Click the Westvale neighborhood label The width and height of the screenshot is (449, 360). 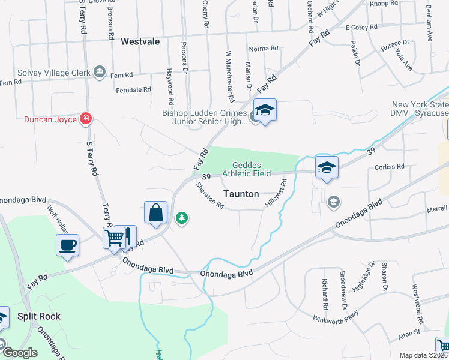point(142,41)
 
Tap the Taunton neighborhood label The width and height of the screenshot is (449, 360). point(241,194)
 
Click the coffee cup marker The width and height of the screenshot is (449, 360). point(67,244)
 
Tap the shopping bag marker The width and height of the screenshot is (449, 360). point(155,212)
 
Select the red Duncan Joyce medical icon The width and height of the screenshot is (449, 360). point(86,119)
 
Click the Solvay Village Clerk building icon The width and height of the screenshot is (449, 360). point(100,73)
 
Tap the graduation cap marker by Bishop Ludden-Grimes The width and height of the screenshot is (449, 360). point(265,110)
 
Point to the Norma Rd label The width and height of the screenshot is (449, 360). point(264,49)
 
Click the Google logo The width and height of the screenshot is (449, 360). point(20,353)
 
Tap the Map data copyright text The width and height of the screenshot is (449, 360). point(423,355)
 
